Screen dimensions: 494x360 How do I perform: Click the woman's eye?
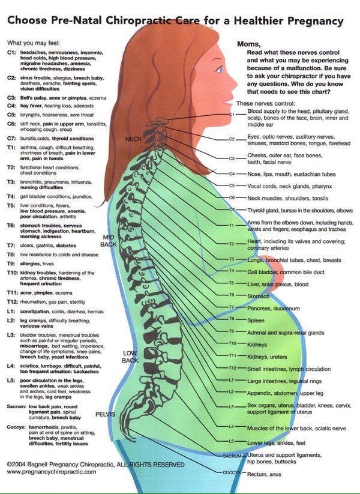click(x=219, y=66)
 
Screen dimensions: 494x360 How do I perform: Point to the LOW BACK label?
click(x=130, y=357)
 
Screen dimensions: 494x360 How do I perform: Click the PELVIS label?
click(x=104, y=414)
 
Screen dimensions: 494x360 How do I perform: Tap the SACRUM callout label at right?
click(x=232, y=456)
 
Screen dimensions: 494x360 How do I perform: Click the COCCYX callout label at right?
click(x=232, y=472)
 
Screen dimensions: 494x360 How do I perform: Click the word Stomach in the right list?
click(x=259, y=295)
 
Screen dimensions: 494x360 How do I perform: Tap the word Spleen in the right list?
click(x=256, y=320)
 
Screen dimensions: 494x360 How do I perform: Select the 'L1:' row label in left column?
click(x=11, y=312)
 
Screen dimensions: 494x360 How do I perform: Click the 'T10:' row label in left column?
click(x=12, y=273)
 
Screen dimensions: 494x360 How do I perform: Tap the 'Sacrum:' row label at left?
click(x=16, y=406)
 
